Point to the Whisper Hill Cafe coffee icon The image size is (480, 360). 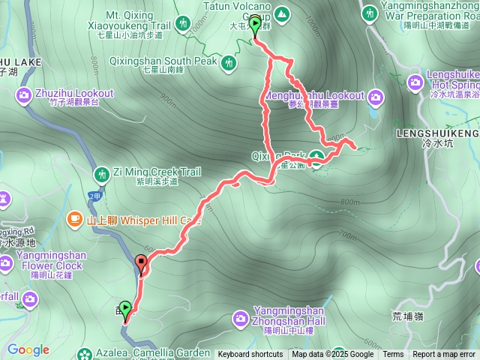point(74,218)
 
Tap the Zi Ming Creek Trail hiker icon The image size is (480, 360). point(101,175)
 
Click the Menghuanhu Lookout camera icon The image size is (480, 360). point(375,95)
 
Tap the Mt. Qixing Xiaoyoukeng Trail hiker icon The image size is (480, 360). point(184,25)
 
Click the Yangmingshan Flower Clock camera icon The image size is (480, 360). point(6,262)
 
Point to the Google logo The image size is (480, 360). point(28,349)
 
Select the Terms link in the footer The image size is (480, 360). point(393,355)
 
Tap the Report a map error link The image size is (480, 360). point(444,355)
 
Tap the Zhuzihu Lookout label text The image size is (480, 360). point(73,94)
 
